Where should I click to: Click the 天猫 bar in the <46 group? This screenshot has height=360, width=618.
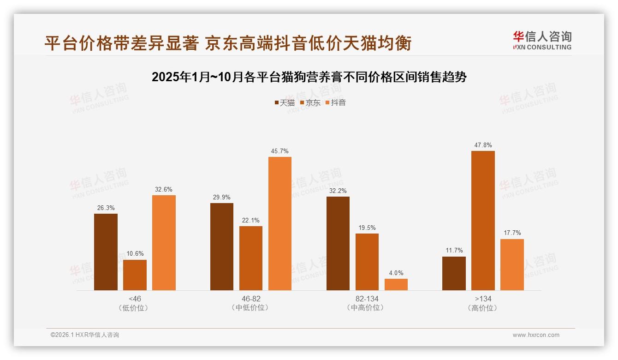pyautogui.click(x=106, y=252)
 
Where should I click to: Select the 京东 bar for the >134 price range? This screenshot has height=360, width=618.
pyautogui.click(x=483, y=221)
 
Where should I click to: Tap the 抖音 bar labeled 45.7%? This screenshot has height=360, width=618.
pyautogui.click(x=280, y=223)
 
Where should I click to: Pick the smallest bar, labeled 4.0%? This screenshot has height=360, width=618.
pyautogui.click(x=396, y=284)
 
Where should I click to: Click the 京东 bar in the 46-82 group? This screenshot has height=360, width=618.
pyautogui.click(x=251, y=258)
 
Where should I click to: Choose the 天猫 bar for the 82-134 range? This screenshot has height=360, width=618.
pyautogui.click(x=338, y=243)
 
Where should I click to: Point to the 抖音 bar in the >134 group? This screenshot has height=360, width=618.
pyautogui.click(x=512, y=264)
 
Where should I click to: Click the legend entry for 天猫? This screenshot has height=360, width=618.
pyautogui.click(x=284, y=102)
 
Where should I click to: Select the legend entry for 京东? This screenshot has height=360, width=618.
pyautogui.click(x=310, y=102)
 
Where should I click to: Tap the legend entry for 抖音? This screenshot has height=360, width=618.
pyautogui.click(x=335, y=102)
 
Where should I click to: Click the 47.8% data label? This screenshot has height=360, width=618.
pyautogui.click(x=483, y=145)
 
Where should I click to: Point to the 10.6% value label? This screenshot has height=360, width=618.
pyautogui.click(x=135, y=254)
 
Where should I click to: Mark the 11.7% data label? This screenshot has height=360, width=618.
pyautogui.click(x=454, y=251)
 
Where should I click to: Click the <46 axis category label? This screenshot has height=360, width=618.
pyautogui.click(x=135, y=299)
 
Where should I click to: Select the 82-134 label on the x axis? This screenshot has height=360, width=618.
pyautogui.click(x=367, y=299)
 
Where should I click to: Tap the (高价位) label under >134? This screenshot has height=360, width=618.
pyautogui.click(x=483, y=308)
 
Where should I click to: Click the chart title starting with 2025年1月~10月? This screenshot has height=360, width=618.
pyautogui.click(x=309, y=77)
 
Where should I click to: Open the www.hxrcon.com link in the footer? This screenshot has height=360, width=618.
pyautogui.click(x=536, y=335)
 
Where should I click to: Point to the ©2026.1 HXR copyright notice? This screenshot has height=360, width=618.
pyautogui.click(x=85, y=335)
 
